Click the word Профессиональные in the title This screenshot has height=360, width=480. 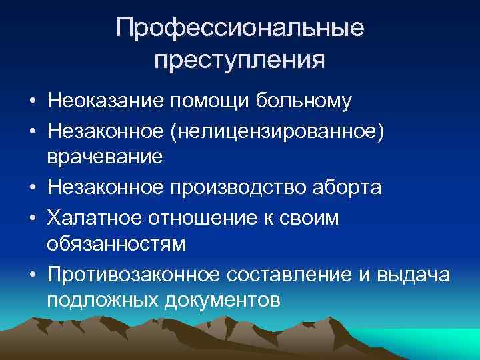(240, 29)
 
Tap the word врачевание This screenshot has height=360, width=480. (105, 159)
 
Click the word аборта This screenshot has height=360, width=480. (350, 187)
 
